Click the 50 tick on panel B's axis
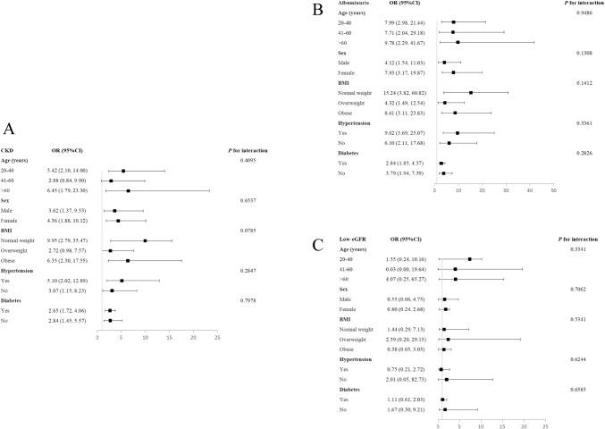pyautogui.click(x=554, y=190)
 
